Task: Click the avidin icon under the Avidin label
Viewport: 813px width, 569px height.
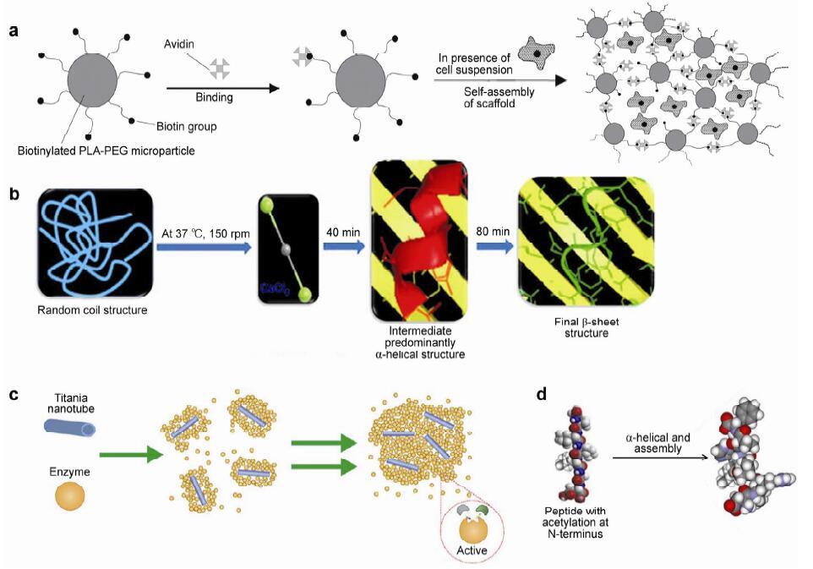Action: coord(219,68)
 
